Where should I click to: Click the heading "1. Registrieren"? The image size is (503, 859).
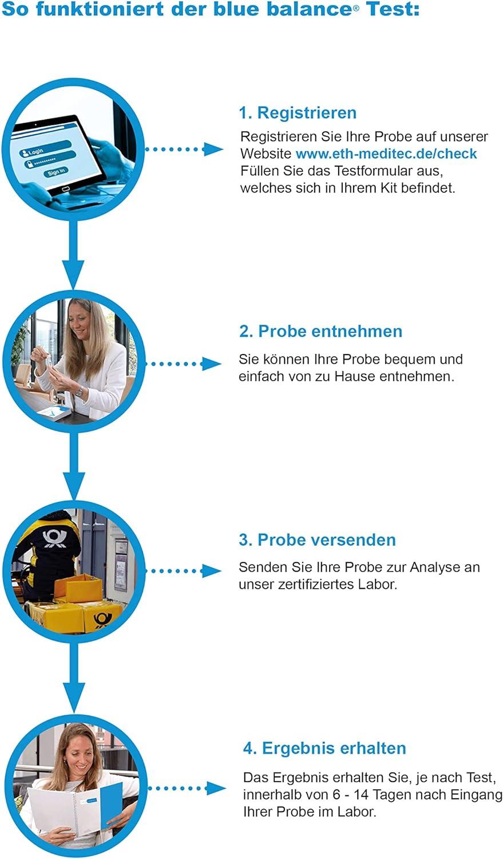[x=298, y=113]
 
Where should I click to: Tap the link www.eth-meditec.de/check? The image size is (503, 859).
[x=386, y=154]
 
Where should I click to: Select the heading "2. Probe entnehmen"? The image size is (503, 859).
[x=320, y=332]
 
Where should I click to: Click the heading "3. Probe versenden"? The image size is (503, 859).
[x=317, y=540]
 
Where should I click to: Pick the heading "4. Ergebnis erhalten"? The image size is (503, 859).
[x=324, y=748]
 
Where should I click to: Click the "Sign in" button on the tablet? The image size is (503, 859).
[x=56, y=172]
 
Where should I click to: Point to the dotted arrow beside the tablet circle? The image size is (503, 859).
[x=184, y=149]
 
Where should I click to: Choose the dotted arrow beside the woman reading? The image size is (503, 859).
[x=187, y=789]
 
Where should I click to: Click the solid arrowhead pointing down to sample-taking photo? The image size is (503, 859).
[x=73, y=274]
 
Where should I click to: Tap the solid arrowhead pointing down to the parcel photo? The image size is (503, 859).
[x=74, y=486]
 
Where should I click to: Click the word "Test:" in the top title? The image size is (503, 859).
[x=393, y=9]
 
